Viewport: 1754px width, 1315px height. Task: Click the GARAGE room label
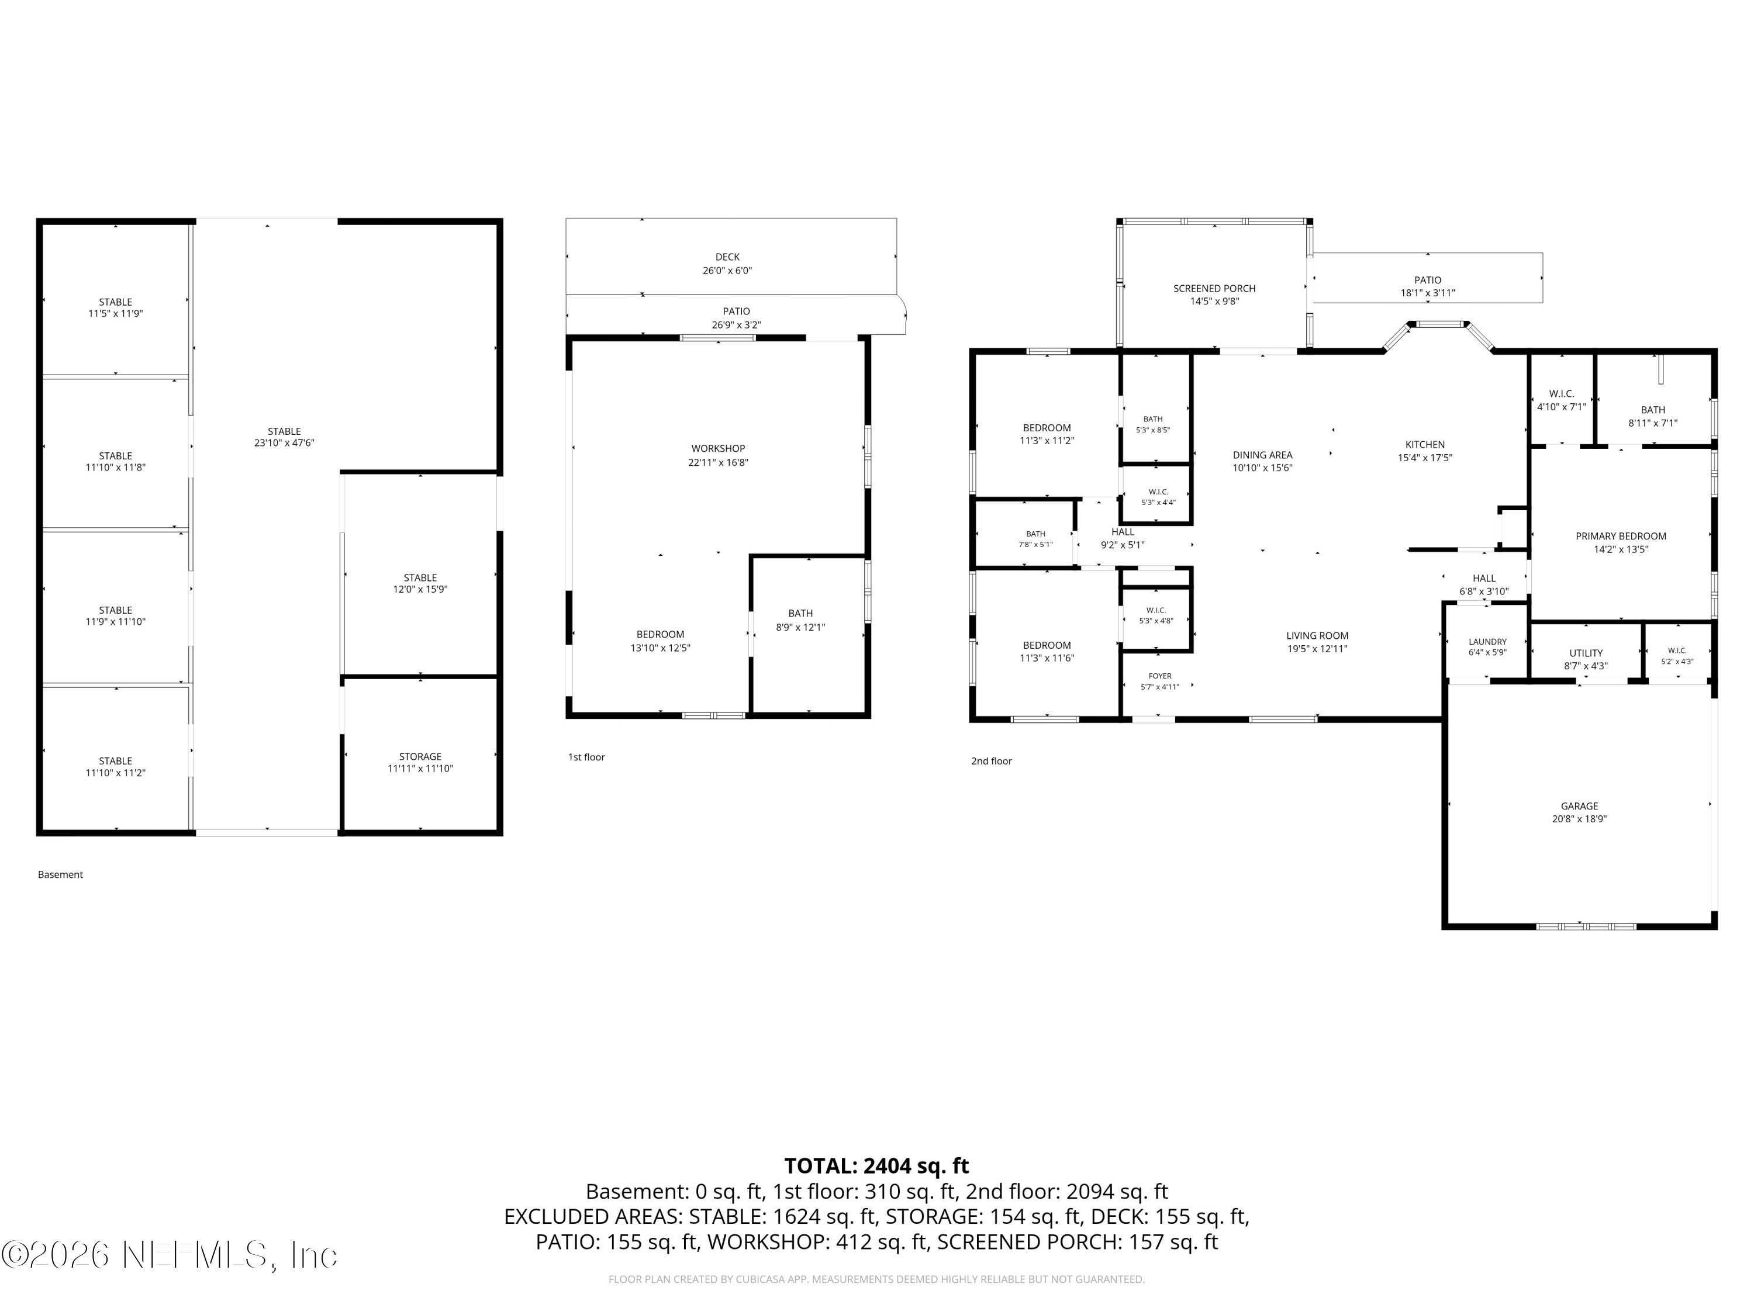[1580, 806]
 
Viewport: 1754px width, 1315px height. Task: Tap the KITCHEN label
[1425, 445]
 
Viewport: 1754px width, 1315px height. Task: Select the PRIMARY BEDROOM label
[1621, 536]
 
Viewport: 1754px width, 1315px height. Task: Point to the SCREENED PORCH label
[1214, 289]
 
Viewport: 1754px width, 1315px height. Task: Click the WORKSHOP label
[717, 449]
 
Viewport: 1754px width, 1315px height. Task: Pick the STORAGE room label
[420, 756]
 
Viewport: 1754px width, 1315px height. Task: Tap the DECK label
[727, 257]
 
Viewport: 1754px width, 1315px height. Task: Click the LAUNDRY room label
[1487, 642]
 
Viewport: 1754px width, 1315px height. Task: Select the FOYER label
[1160, 676]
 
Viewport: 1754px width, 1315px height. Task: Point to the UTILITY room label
[1586, 653]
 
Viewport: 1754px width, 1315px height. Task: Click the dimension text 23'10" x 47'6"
[284, 443]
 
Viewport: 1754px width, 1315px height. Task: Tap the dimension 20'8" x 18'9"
[1580, 819]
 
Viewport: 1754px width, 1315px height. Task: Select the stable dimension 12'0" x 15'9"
[420, 589]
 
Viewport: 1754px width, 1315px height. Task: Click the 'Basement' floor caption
[60, 874]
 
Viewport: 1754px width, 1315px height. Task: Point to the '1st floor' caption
[586, 757]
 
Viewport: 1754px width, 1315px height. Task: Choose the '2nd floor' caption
[991, 761]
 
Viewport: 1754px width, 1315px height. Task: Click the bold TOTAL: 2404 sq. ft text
[876, 1166]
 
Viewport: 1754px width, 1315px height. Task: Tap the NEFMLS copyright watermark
[170, 1255]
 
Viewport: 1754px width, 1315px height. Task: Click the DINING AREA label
[1262, 455]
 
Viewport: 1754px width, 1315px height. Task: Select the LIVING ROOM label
[1317, 636]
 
